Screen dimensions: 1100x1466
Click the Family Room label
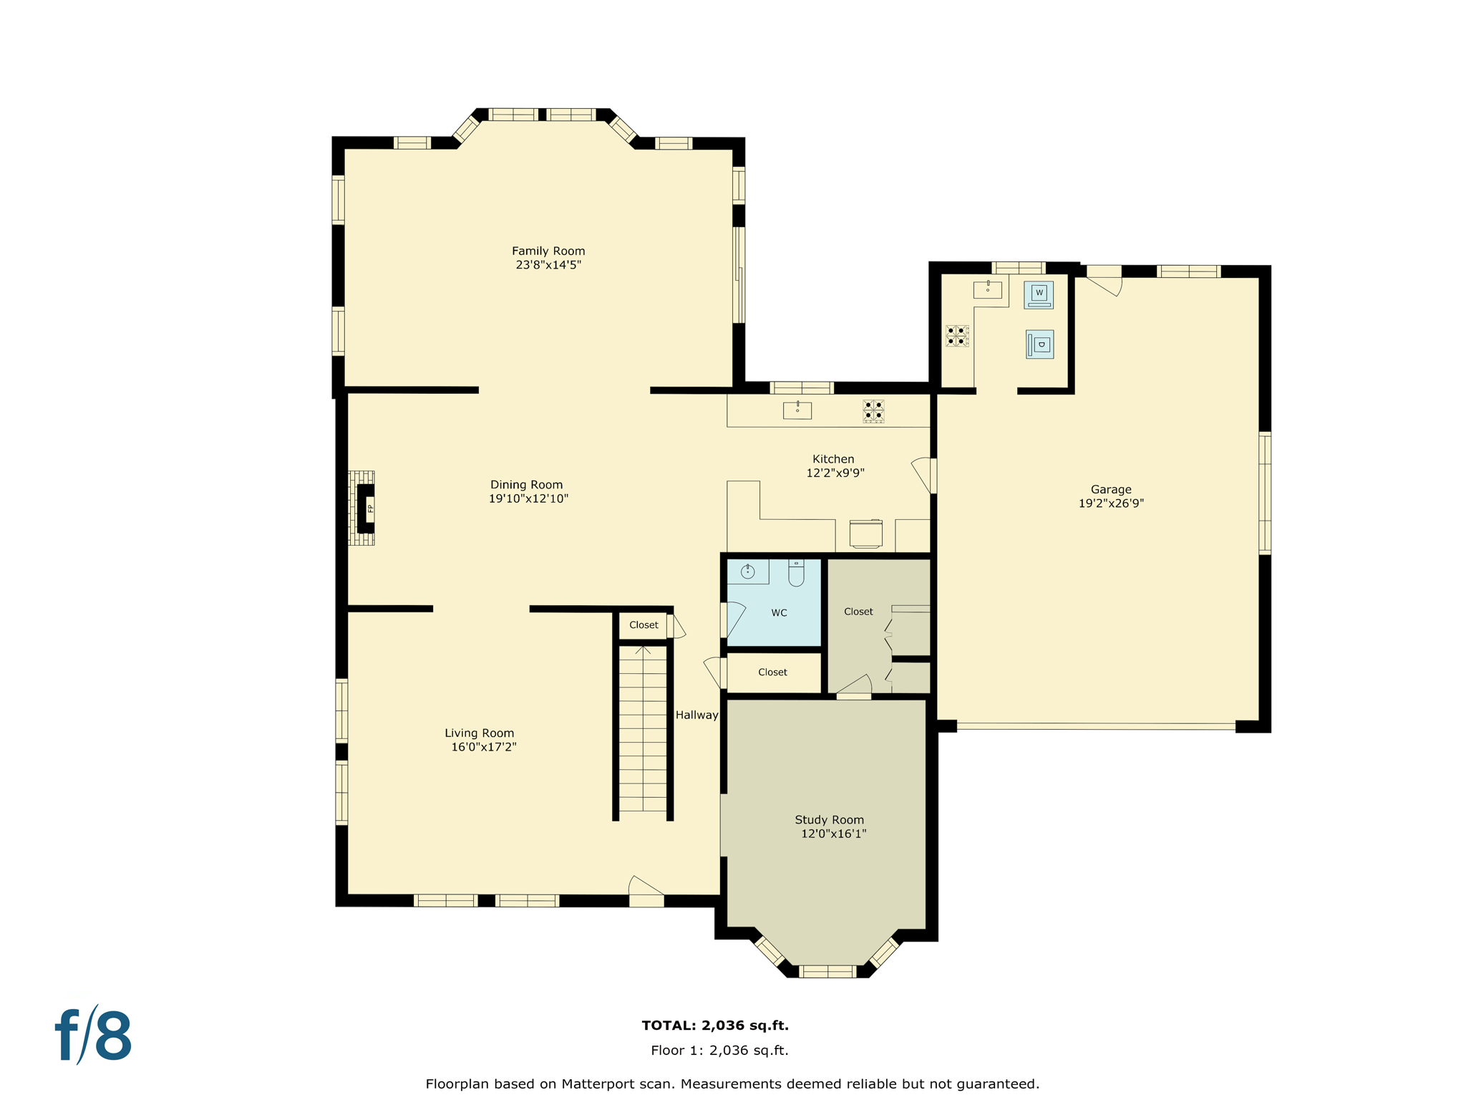tap(548, 251)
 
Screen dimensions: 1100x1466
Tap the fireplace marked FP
tap(366, 508)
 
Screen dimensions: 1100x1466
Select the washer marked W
tap(1039, 294)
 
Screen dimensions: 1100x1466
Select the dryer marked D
tap(1040, 344)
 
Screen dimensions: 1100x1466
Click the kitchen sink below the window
tap(797, 410)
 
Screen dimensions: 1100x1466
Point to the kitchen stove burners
tap(873, 411)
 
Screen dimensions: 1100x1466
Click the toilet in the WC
tap(796, 573)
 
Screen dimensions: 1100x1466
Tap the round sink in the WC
tap(748, 571)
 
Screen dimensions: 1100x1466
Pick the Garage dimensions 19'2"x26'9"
tap(1111, 503)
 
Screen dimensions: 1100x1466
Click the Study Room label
tap(829, 820)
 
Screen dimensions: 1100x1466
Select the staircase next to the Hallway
tap(643, 730)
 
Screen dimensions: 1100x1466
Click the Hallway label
tap(696, 715)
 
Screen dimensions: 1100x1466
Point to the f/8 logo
tap(94, 1036)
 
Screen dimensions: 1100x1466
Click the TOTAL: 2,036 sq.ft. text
tap(715, 1026)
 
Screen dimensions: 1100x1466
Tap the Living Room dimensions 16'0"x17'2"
tap(483, 747)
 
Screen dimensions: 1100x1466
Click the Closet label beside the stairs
tap(644, 625)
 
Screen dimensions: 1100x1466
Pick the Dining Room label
tap(526, 485)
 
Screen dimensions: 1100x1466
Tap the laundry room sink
tap(988, 289)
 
